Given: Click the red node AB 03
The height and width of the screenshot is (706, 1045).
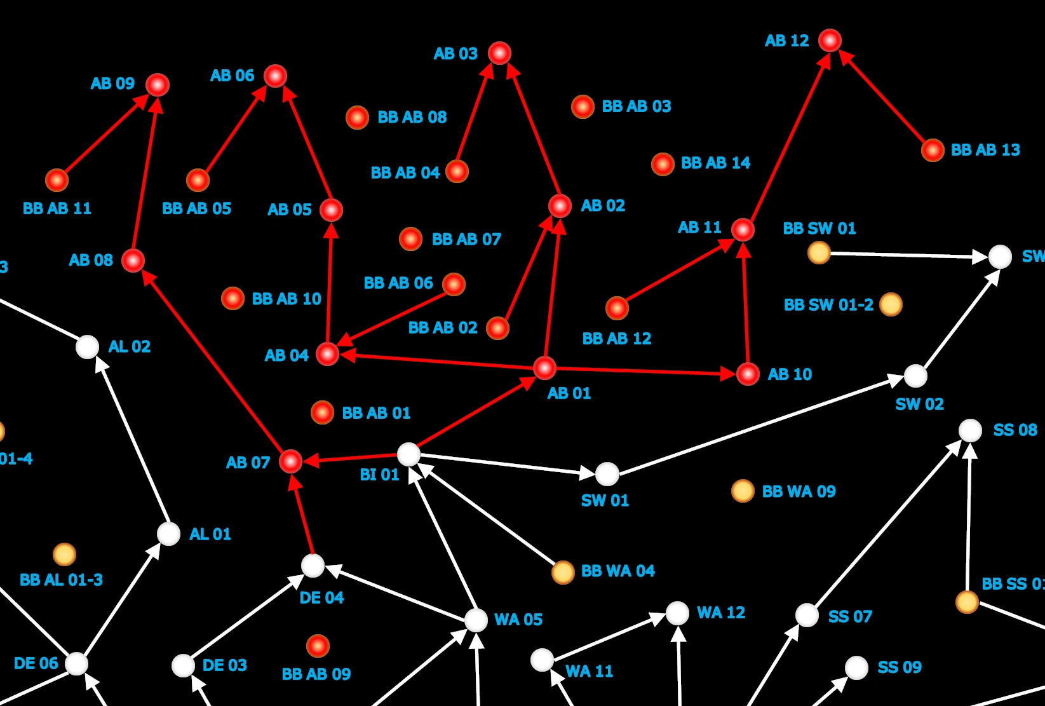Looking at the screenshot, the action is (x=499, y=53).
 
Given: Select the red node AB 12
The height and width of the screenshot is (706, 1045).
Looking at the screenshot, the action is (x=830, y=41).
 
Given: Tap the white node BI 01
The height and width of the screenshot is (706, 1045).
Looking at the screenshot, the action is (x=408, y=454).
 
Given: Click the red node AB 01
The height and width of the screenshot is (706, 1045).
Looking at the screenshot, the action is (x=544, y=367).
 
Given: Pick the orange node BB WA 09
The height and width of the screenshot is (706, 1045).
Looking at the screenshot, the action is (x=742, y=491).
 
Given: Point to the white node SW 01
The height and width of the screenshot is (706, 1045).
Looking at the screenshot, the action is (x=607, y=473).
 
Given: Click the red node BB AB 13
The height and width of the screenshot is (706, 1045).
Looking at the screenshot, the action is (x=932, y=151).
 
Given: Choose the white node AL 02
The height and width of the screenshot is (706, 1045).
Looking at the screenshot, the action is (x=87, y=347).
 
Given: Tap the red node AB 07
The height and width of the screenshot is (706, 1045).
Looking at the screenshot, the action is (x=290, y=461).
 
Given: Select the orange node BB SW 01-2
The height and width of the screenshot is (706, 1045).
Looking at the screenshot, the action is (x=891, y=304).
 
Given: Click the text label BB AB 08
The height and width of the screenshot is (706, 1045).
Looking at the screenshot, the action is (x=412, y=118).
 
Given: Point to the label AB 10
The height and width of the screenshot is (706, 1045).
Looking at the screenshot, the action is (x=790, y=374).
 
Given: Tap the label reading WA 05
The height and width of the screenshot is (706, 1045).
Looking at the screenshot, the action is (x=518, y=620).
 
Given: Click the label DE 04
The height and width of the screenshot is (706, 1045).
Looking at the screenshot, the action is (x=321, y=597).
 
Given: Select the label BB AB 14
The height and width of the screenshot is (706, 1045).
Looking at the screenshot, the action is (x=715, y=163).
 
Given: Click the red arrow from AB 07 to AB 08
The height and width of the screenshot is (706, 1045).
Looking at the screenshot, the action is (x=212, y=361).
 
